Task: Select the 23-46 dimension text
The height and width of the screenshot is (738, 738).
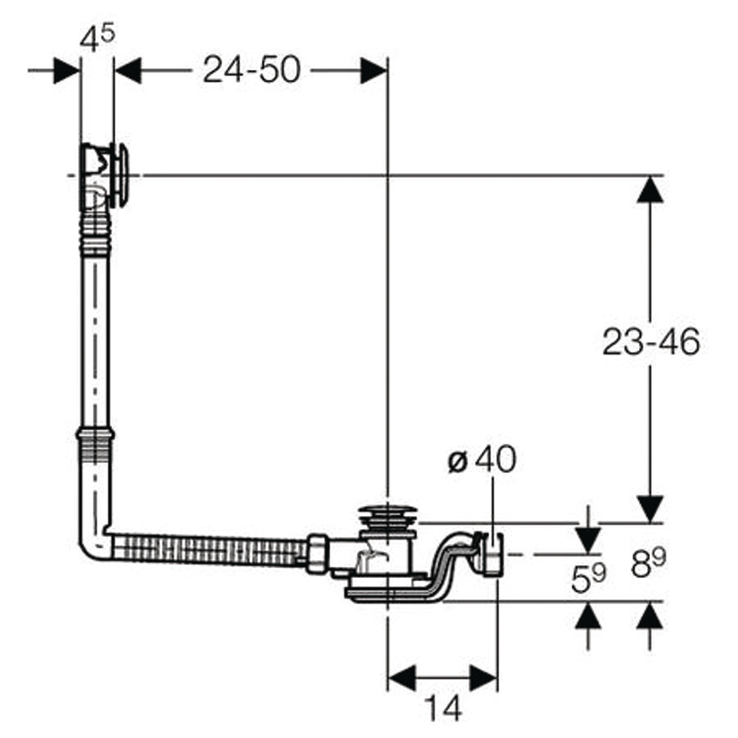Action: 651,342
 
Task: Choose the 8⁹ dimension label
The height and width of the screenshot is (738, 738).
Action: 648,564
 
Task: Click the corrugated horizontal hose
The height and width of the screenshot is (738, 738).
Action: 209,549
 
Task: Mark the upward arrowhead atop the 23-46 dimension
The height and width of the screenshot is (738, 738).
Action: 650,189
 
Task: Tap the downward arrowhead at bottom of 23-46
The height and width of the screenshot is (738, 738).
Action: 650,509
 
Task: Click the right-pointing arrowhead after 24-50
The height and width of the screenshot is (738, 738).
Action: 374,71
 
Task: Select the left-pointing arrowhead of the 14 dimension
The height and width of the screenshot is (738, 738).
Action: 401,678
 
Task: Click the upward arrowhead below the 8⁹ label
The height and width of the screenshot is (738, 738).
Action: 650,615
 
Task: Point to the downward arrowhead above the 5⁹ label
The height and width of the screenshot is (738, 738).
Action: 588,541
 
